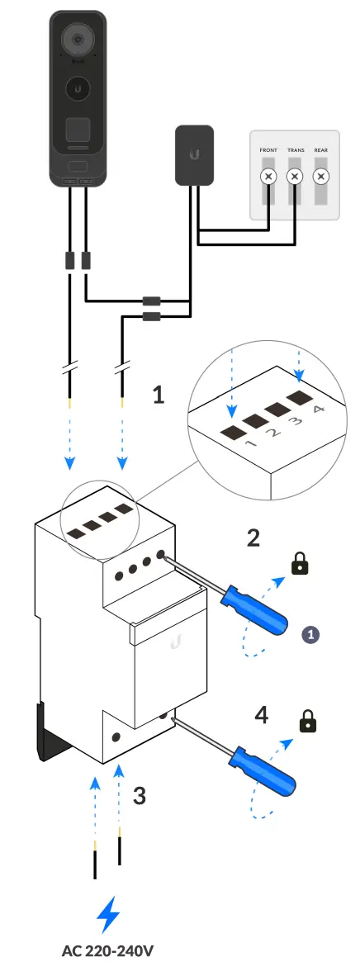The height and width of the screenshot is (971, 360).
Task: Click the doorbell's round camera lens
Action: (x=78, y=39)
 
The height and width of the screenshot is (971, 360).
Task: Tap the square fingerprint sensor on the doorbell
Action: (x=78, y=130)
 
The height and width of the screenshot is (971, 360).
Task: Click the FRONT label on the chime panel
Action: (x=268, y=150)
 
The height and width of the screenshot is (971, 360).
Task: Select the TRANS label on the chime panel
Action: (x=295, y=150)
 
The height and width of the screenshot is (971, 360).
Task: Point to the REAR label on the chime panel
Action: (x=321, y=150)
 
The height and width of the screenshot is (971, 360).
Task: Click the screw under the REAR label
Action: (x=321, y=177)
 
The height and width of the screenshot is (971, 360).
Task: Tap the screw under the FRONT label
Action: (x=268, y=177)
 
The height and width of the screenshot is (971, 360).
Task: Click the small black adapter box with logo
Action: (x=195, y=155)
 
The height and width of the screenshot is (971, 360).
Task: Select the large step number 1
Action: (x=159, y=395)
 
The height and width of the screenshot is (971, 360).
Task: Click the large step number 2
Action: (x=253, y=538)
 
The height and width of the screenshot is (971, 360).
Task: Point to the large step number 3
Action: (x=140, y=795)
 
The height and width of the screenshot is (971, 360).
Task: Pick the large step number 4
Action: (x=262, y=715)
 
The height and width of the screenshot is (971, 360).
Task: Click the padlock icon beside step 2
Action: (x=300, y=563)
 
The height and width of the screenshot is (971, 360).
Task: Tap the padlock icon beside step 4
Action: (x=307, y=721)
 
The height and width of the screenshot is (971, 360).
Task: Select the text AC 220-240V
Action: (x=107, y=950)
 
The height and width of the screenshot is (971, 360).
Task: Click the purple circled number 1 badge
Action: (x=310, y=634)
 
